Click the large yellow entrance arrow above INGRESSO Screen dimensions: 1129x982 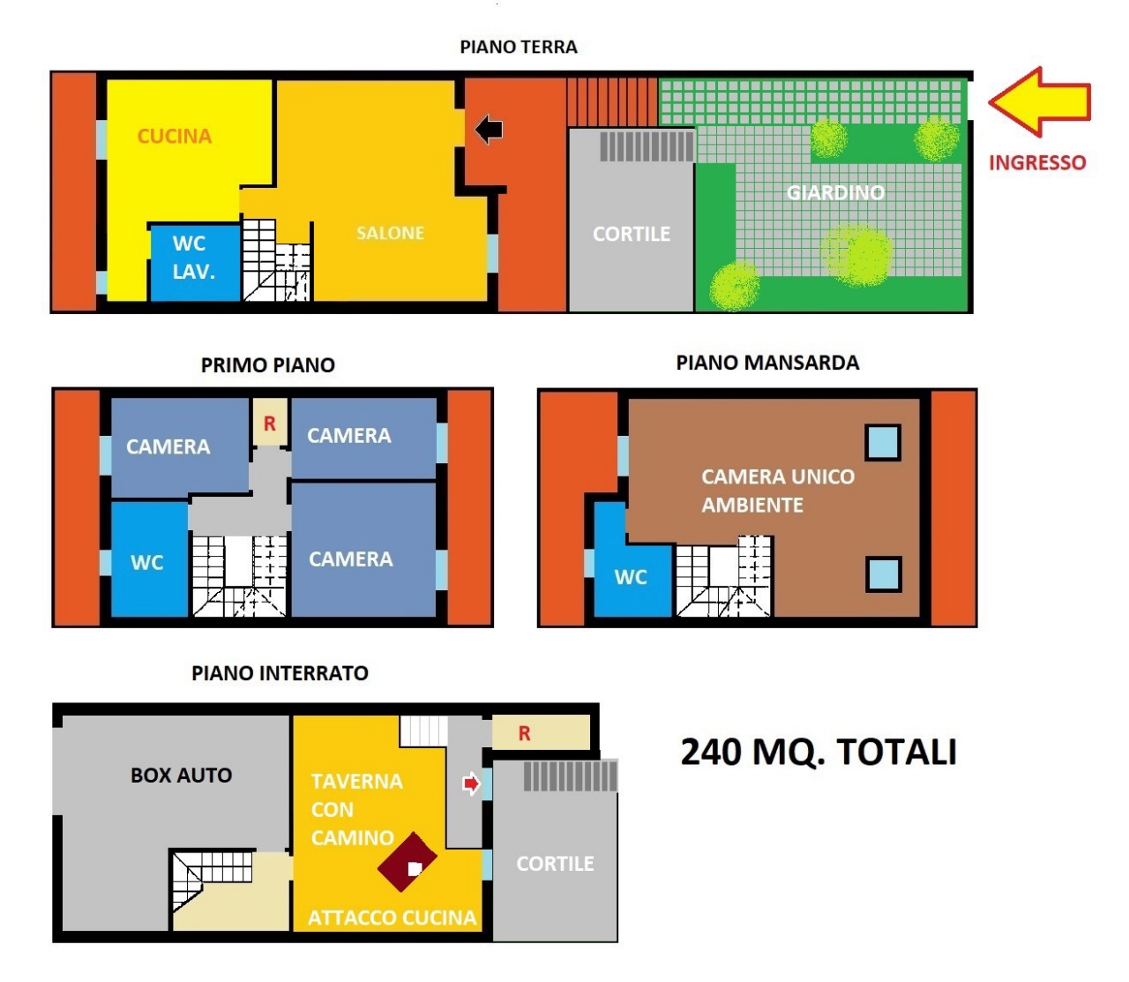point(1038,102)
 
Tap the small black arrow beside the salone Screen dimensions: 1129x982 point(489,130)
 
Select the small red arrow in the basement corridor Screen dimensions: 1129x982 point(471,783)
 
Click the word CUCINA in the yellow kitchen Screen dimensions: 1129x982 point(175,137)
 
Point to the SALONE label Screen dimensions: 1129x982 point(390,233)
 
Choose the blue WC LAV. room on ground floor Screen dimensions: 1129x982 point(195,263)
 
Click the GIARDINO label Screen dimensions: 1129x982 point(835,192)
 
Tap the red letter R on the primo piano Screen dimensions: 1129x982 point(269,424)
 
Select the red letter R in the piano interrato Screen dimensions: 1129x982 point(524,733)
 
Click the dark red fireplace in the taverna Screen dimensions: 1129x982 point(407,862)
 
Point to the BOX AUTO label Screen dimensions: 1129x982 point(181,776)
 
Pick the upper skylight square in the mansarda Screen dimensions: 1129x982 point(883,442)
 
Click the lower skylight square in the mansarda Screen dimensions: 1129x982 point(884,574)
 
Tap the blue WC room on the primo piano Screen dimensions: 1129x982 point(150,558)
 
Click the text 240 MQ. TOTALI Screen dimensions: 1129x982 point(819,752)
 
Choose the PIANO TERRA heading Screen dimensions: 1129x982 point(519,47)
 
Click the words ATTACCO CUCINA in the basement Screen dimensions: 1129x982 point(392,918)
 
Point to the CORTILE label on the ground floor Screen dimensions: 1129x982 point(632,234)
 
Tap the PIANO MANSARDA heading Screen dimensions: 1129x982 point(767,363)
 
